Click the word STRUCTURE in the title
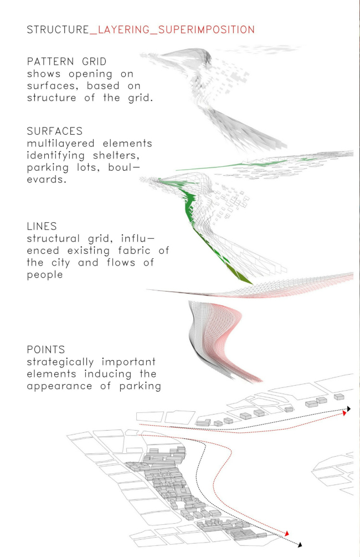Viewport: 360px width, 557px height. pos(58,29)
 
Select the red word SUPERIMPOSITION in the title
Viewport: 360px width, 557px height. pos(207,29)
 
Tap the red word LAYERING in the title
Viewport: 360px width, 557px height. pos(124,29)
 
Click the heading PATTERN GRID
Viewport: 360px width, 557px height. pos(67,62)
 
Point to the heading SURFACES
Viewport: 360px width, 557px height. pos(55,131)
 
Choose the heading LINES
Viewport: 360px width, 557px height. pos(42,226)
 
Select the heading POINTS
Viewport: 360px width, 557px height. pos(46,350)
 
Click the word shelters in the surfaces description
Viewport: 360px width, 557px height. pos(116,156)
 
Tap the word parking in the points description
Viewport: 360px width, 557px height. pos(140,386)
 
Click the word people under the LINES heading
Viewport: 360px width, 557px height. pos(45,275)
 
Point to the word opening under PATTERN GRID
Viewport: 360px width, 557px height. pos(90,74)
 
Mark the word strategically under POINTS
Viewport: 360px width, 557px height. pos(60,362)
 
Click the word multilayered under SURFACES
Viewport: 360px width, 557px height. pos(61,144)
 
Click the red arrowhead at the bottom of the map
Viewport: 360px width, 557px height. pos(287,533)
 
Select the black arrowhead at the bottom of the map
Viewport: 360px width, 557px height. pos(300,545)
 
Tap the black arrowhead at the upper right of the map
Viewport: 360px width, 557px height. pos(348,409)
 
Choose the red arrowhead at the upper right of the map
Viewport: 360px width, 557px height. pos(344,413)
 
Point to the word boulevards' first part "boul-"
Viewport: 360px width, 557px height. pos(124,167)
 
